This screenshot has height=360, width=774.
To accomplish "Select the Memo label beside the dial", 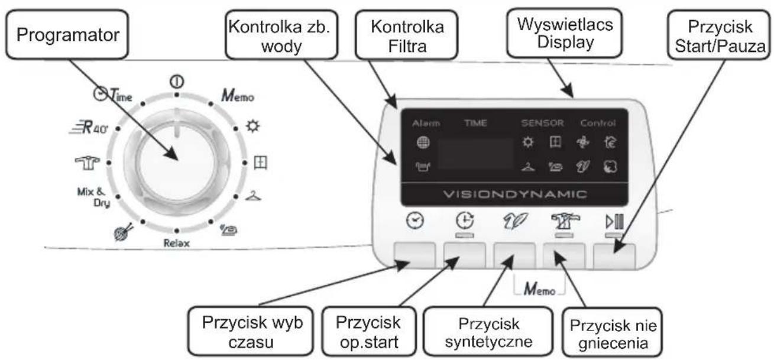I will tap(238, 95).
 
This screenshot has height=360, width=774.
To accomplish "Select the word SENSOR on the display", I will tap(542, 124).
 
